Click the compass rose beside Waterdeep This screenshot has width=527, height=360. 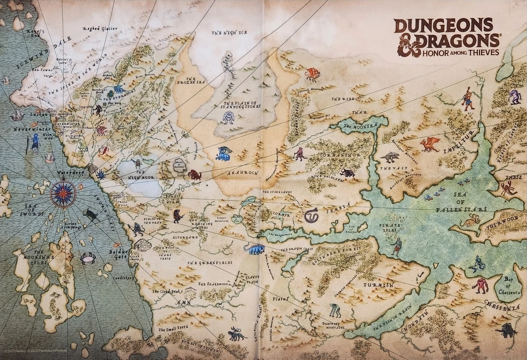point(63,194)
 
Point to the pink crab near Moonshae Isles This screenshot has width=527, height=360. point(88,258)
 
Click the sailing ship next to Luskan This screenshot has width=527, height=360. point(17,115)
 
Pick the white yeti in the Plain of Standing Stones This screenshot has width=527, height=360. point(228,118)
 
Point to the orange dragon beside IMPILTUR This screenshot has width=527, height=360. point(429,144)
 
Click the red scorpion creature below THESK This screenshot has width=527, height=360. point(508,188)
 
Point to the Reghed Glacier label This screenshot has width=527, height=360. point(100,29)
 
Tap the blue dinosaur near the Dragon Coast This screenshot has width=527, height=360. point(254,249)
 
